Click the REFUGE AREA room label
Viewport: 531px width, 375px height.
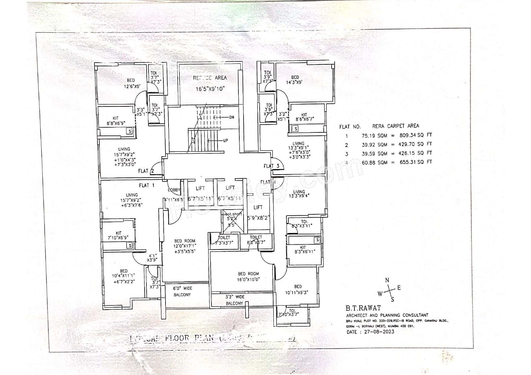[210, 78]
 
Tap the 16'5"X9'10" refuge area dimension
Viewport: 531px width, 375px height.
[210, 89]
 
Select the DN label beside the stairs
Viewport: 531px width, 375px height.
[232, 117]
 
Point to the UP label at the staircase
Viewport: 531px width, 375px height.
[225, 141]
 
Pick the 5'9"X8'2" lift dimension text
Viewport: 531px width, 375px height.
[258, 217]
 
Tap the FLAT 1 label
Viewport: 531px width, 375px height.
[147, 185]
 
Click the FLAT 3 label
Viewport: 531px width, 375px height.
[271, 166]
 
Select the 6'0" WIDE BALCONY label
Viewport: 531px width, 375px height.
[183, 292]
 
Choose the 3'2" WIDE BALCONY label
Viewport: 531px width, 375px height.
[235, 300]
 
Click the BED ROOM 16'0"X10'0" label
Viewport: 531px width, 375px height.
[248, 276]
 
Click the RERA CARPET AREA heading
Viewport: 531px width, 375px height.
[395, 126]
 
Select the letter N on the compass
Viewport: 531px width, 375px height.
[387, 280]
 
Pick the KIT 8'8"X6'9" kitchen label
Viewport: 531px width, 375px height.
[116, 121]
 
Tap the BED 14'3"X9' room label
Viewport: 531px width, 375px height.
[295, 80]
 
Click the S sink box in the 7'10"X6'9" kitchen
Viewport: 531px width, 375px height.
[130, 246]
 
